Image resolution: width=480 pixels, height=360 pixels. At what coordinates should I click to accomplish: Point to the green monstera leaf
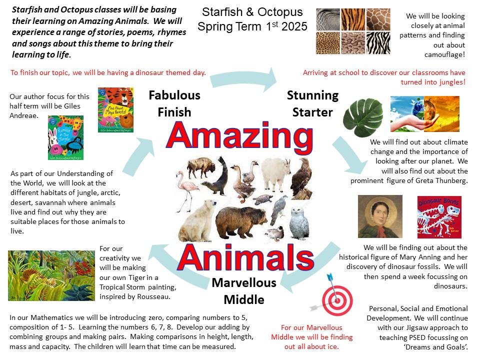pyautogui.click(x=363, y=116)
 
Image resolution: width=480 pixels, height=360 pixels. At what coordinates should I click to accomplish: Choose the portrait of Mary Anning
pyautogui.click(x=380, y=216)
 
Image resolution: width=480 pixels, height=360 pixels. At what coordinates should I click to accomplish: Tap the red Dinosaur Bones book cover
pyautogui.click(x=439, y=217)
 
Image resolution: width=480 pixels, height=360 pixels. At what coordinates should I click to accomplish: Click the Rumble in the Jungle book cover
pyautogui.click(x=66, y=137)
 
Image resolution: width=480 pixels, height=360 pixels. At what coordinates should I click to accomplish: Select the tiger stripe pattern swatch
pyautogui.click(x=353, y=19)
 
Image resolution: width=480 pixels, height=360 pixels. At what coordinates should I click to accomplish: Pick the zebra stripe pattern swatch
pyautogui.click(x=378, y=43)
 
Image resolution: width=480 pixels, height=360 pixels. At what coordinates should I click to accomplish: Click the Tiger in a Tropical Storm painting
pyautogui.click(x=51, y=275)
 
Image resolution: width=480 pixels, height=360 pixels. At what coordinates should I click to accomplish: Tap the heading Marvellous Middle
pyautogui.click(x=244, y=291)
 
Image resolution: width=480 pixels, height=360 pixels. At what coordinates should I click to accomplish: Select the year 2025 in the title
pyautogui.click(x=294, y=26)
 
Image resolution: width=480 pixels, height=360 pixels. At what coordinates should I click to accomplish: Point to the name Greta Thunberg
pyautogui.click(x=441, y=180)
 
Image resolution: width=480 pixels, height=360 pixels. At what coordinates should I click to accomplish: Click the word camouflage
pyautogui.click(x=444, y=55)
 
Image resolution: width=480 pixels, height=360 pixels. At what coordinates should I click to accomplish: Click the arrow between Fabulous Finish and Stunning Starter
pyautogui.click(x=243, y=79)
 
